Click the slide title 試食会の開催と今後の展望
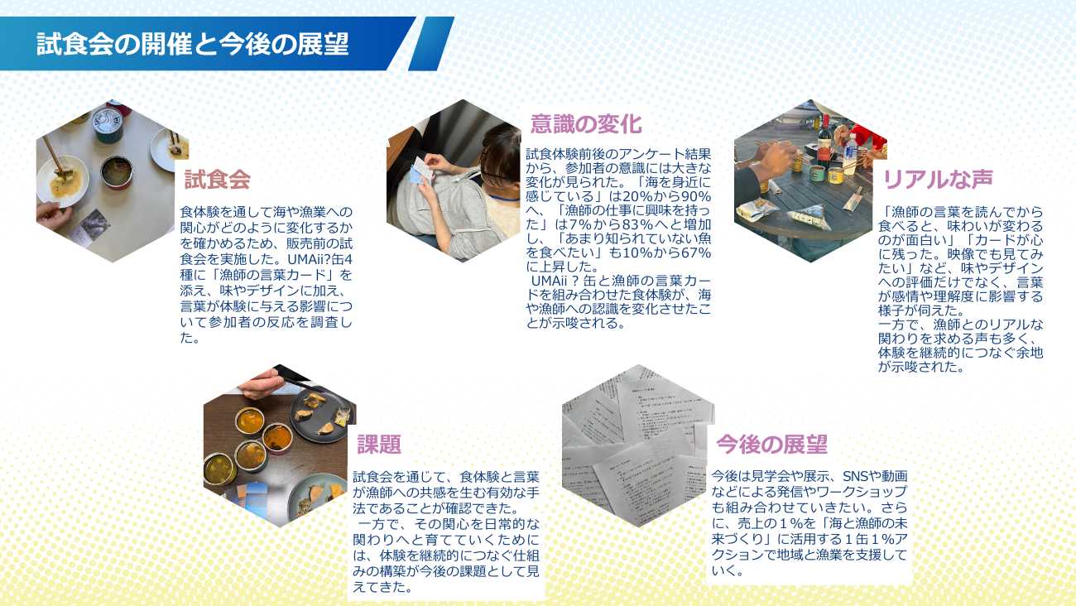click(193, 44)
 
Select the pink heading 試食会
click(218, 180)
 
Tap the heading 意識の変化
click(586, 124)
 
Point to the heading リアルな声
click(938, 179)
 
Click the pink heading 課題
click(379, 445)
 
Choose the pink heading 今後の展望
click(771, 444)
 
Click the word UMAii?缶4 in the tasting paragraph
click(319, 259)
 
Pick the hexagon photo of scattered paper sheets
click(638, 445)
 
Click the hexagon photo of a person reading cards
click(454, 180)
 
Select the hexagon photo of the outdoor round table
click(810, 180)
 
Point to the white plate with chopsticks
click(62, 180)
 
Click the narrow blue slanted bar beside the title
click(431, 44)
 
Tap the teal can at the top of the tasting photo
click(107, 124)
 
